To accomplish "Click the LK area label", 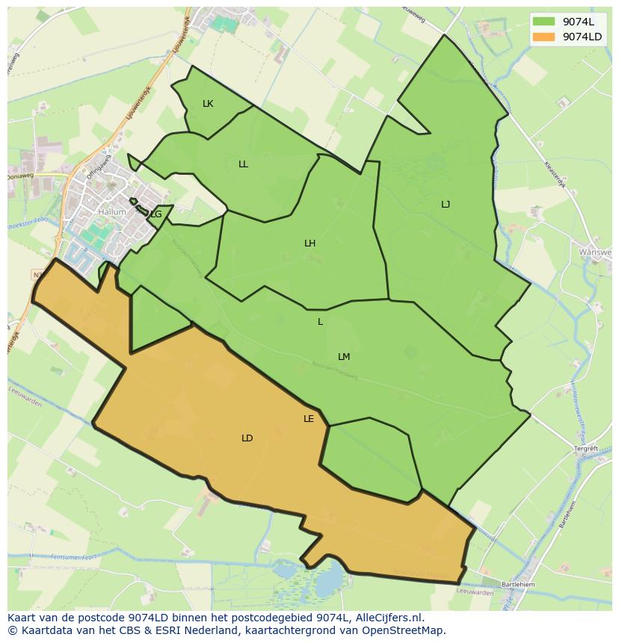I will click(x=208, y=104).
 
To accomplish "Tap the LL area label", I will click(x=243, y=164).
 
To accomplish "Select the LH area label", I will click(x=309, y=243).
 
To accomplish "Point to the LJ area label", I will click(x=446, y=205).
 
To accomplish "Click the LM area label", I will click(x=344, y=357).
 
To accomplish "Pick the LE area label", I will click(x=309, y=419).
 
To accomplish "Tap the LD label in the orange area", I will click(x=247, y=438).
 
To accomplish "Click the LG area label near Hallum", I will click(x=155, y=214).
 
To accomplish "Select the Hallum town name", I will click(x=112, y=212).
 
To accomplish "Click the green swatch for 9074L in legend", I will click(x=544, y=22).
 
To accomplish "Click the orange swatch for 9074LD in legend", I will click(x=544, y=37).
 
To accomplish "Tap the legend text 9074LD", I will click(x=582, y=37).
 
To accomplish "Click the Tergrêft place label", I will click(x=586, y=449).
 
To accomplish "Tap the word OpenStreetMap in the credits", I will click(x=408, y=630).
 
